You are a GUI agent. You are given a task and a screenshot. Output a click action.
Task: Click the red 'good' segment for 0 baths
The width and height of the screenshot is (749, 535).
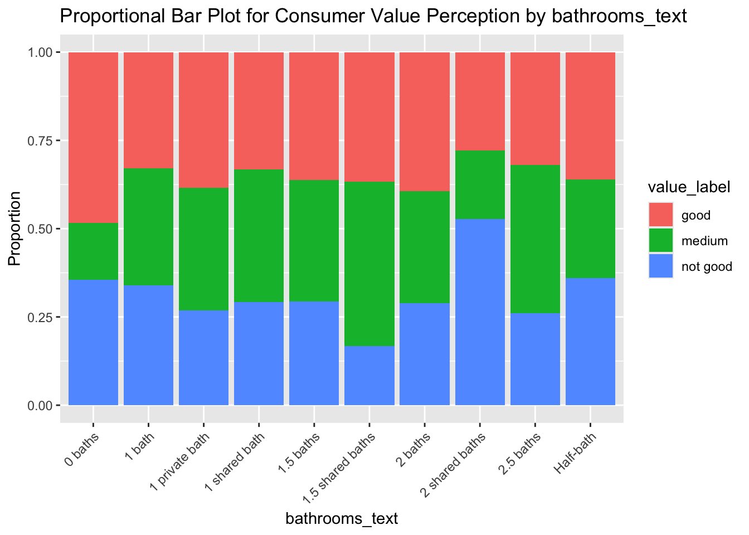coord(93,137)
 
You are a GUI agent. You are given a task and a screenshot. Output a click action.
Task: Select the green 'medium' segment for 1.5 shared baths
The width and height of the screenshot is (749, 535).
coord(369,264)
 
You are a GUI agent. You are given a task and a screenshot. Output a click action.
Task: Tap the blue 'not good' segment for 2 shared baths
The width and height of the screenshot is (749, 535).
coord(480,312)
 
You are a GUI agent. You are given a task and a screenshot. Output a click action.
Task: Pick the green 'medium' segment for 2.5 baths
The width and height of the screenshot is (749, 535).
coord(535,239)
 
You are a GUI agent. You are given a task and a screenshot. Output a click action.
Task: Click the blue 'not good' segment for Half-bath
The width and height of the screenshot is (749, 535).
coord(590,341)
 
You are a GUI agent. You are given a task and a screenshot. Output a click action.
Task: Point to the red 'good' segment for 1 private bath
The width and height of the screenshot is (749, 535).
coord(203,120)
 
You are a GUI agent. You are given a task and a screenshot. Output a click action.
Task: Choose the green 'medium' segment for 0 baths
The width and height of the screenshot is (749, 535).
coord(93,251)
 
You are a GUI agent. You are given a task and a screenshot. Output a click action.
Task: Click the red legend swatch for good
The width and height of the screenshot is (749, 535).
coord(660,215)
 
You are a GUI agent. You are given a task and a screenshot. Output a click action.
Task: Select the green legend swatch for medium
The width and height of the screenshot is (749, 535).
coord(660,241)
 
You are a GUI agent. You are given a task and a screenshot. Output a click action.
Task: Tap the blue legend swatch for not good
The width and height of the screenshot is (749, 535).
coord(660,266)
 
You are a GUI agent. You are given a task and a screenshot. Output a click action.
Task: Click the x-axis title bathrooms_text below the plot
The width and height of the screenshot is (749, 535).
coord(342,519)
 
